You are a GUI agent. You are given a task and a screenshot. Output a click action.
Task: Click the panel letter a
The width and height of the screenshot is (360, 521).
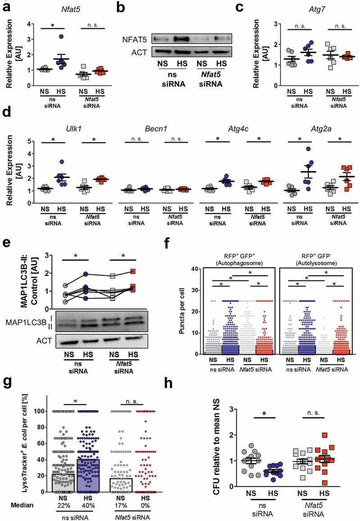(x=7, y=7)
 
